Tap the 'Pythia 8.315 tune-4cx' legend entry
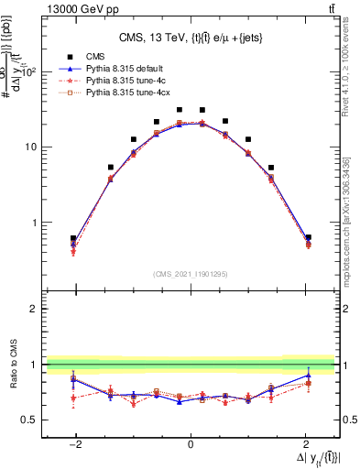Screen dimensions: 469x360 coord(127,93)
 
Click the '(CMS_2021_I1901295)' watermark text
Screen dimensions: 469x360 coord(191,273)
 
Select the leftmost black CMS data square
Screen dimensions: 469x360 coord(73,238)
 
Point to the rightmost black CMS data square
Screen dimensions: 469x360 coord(308,237)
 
